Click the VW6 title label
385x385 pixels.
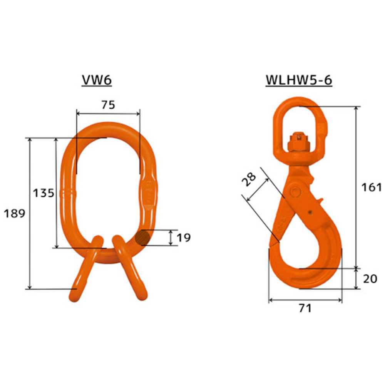click(97, 80)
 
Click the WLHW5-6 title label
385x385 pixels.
click(299, 80)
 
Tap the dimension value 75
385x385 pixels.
click(108, 105)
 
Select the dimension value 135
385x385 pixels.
click(44, 193)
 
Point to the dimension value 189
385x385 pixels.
click(15, 213)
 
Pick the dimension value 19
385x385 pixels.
click(184, 238)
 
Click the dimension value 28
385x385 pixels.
click(249, 179)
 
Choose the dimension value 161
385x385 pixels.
click(371, 187)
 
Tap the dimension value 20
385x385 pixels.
click(370, 279)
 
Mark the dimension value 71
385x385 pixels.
click(305, 308)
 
